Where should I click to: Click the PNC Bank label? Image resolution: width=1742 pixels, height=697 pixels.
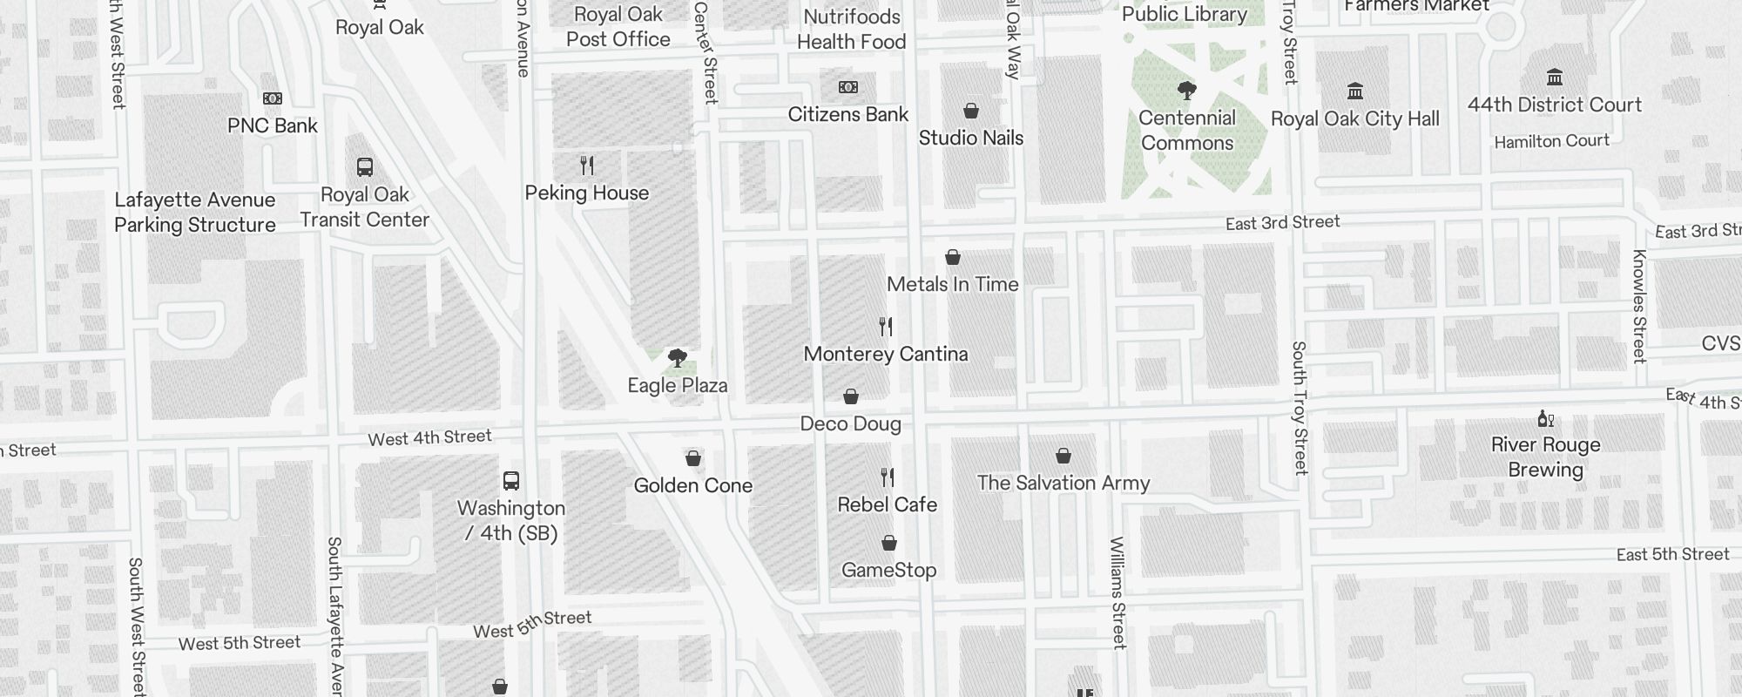point(272,125)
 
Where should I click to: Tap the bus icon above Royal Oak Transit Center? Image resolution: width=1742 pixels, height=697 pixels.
point(365,167)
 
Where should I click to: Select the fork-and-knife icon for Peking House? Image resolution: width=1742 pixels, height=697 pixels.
point(587,166)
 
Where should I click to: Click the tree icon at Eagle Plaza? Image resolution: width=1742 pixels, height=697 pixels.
point(677,358)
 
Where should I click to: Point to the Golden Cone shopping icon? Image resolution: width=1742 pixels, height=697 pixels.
point(693,458)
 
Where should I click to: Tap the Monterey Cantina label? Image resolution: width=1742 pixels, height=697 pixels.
point(885,354)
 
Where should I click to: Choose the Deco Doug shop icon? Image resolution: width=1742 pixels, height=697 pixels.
point(851,397)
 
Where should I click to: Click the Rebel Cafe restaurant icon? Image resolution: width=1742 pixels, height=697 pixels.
point(887,477)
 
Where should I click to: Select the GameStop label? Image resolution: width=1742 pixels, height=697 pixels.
point(888,570)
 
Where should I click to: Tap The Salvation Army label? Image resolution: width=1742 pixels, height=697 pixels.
point(1063,483)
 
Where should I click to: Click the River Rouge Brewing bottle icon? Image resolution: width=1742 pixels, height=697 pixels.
point(1545,419)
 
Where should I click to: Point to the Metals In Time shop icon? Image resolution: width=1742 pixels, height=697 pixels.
point(953,258)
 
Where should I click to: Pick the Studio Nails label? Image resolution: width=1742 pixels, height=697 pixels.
point(970,138)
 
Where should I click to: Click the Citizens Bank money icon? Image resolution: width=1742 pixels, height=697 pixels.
point(847,87)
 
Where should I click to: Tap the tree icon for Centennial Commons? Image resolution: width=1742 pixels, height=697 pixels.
point(1186,91)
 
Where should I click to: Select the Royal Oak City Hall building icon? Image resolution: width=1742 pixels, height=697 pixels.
point(1354,91)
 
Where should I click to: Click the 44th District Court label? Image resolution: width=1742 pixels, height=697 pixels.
point(1554,105)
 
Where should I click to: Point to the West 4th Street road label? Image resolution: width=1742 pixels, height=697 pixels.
point(429,437)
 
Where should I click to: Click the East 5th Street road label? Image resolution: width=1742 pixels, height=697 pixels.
point(1672,555)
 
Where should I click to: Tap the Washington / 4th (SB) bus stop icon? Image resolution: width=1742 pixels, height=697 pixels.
point(511,481)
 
